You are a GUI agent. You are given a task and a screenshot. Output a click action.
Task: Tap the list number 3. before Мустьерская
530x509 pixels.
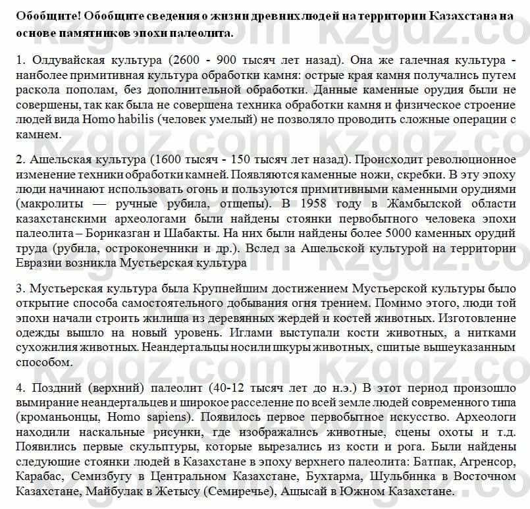19,288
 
